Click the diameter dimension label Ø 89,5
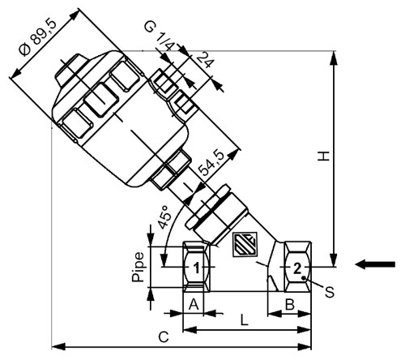(37, 38)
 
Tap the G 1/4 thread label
(160, 36)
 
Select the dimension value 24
(204, 61)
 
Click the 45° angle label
(164, 217)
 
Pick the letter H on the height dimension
(323, 156)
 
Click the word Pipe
(138, 268)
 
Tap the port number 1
(197, 268)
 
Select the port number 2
(297, 268)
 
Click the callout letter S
(330, 292)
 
